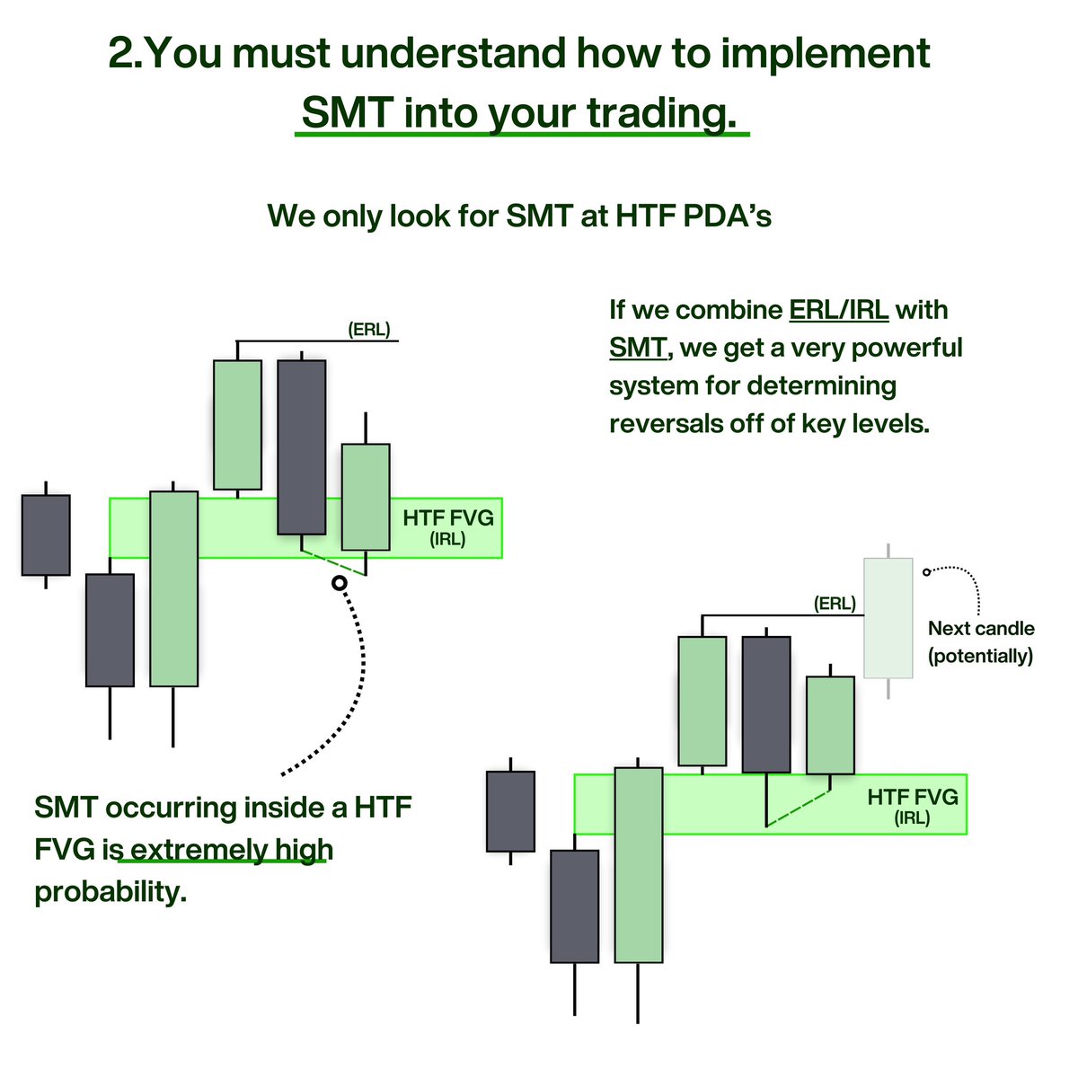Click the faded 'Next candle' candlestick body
click(888, 617)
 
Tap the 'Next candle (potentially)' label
click(980, 642)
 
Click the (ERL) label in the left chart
click(368, 330)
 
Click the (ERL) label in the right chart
click(834, 604)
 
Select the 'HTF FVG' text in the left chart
click(447, 518)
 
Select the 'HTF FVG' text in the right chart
click(912, 797)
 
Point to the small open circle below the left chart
click(339, 584)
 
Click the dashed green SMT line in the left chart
click(333, 563)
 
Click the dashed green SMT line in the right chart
click(798, 808)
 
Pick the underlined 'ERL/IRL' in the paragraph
click(838, 310)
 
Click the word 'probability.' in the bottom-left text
click(110, 892)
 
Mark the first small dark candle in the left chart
click(46, 535)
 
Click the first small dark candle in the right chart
click(510, 811)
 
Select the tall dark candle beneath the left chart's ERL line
click(301, 446)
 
